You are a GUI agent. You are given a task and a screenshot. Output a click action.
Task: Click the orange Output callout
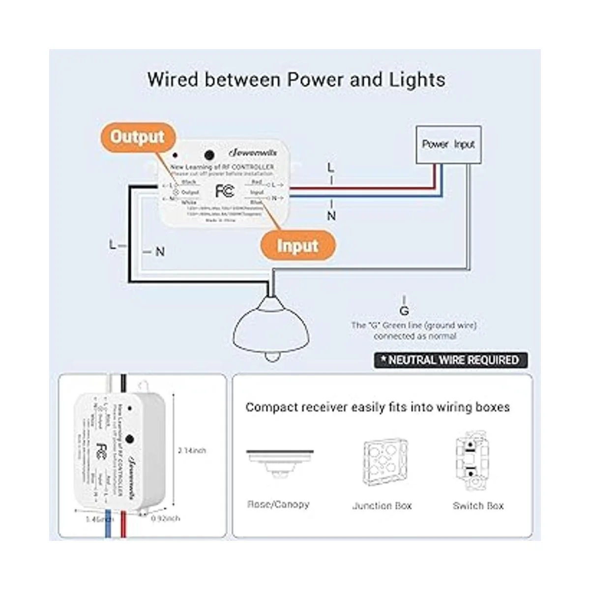point(137,137)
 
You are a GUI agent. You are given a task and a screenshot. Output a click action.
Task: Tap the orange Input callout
point(297,245)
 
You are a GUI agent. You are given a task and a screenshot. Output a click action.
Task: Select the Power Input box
point(448,145)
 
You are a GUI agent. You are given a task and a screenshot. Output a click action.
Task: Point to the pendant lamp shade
point(271,326)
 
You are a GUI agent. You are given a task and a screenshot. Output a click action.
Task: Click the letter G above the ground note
point(404,311)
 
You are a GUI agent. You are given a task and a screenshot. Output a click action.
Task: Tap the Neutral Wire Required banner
point(450,360)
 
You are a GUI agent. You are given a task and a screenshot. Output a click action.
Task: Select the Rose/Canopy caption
point(278,504)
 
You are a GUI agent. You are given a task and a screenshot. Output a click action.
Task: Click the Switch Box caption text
point(478,505)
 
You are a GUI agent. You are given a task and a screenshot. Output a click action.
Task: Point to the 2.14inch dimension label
point(192,450)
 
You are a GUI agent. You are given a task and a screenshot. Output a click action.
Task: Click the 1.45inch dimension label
point(99,519)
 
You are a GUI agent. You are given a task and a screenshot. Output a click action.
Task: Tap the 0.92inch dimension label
point(166,518)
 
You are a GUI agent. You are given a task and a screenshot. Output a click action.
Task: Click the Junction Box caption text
point(382,506)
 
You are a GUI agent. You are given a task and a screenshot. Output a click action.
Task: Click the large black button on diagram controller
point(208,155)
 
